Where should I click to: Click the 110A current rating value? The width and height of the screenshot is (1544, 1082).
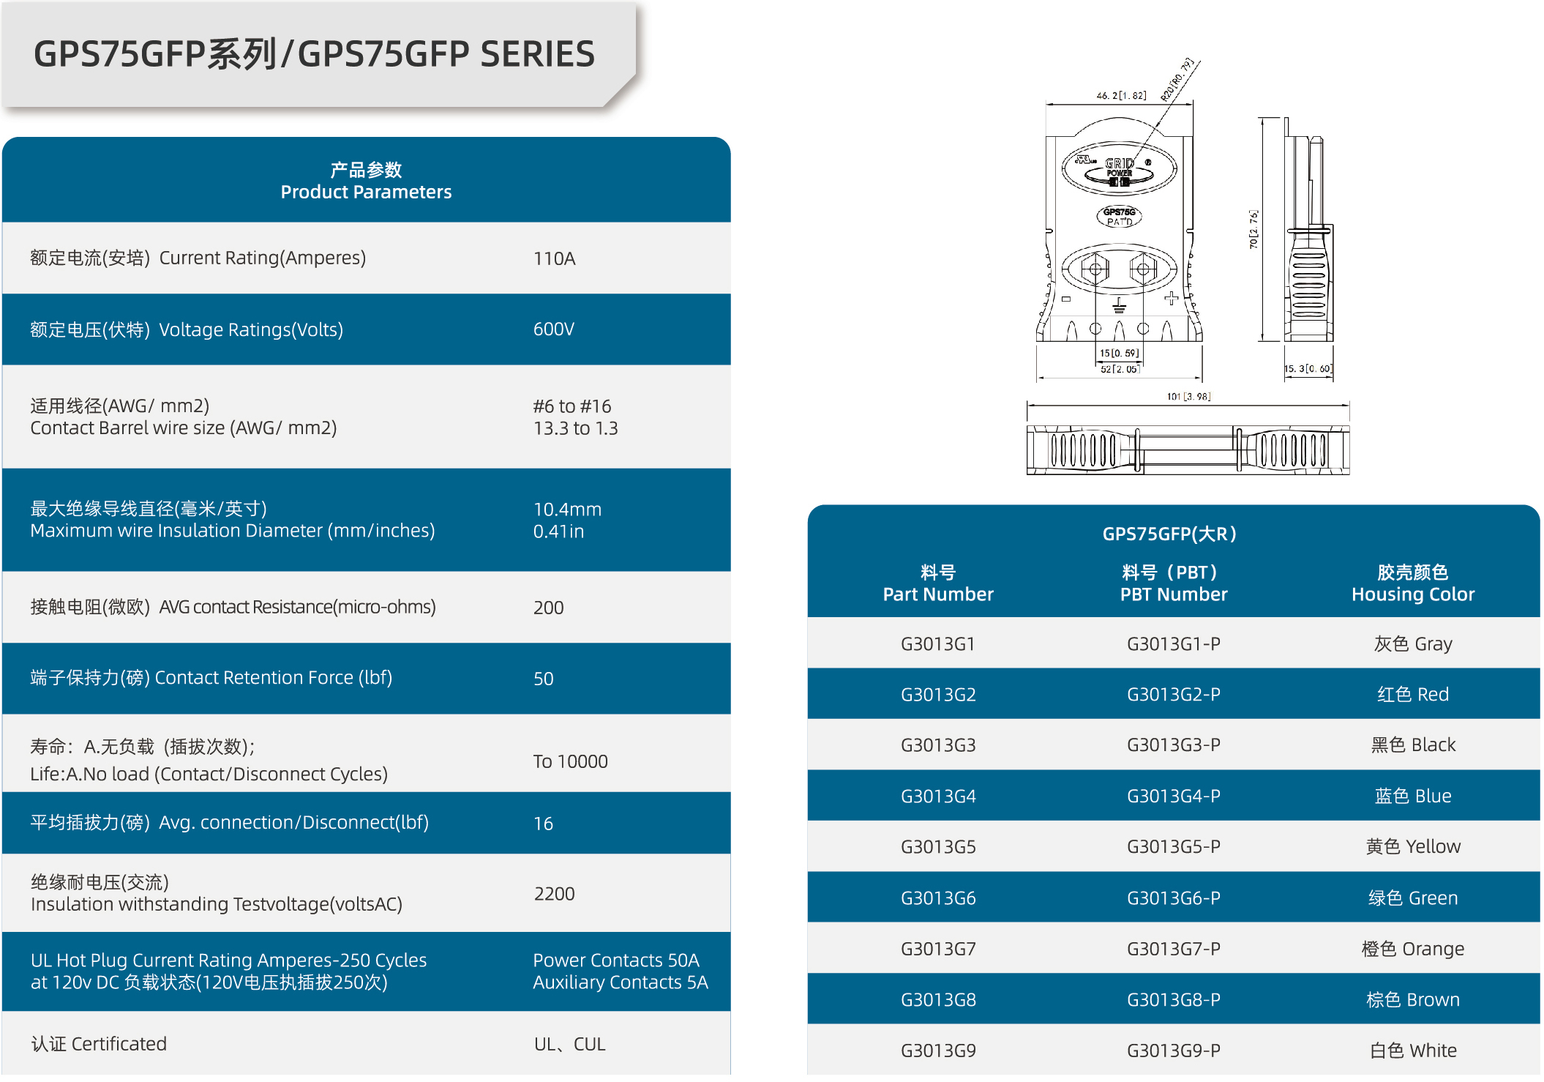(554, 258)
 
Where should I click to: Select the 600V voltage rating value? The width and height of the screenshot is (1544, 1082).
(553, 329)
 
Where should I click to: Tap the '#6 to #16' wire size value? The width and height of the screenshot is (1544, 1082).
(571, 406)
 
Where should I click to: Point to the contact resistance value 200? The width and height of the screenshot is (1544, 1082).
(548, 608)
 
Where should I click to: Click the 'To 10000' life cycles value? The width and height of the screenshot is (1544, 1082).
(570, 761)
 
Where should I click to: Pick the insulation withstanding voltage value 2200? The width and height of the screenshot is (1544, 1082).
(554, 894)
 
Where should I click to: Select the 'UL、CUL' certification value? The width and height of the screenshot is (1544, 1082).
(569, 1044)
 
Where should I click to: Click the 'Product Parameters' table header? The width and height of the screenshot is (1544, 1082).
(366, 192)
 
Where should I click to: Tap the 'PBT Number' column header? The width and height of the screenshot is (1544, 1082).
(1174, 594)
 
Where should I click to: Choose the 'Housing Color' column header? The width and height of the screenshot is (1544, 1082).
(1413, 594)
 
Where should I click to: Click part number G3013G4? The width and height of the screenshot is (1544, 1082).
(938, 796)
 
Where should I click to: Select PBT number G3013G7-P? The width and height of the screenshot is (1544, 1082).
(1174, 949)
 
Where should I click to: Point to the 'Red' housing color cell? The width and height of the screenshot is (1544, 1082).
(1413, 694)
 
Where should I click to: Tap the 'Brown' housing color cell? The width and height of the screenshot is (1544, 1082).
(1413, 999)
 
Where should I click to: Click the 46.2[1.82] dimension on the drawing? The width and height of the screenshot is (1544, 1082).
(1121, 95)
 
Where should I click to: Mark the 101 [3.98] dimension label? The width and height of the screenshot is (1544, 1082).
(1188, 397)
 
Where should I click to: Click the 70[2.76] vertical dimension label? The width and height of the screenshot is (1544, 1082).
(1253, 230)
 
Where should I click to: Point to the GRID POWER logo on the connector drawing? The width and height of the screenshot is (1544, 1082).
(1119, 168)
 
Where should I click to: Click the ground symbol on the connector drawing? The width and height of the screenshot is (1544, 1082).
(1119, 305)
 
